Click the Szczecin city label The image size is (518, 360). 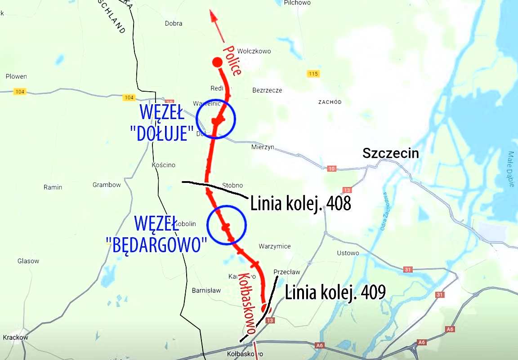(391, 153)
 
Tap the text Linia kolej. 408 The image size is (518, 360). (300, 204)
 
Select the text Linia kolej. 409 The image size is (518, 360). (335, 292)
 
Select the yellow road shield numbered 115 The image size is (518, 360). (313, 74)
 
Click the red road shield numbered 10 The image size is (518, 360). (332, 169)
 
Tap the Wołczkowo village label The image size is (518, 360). (254, 51)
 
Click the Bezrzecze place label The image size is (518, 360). (268, 90)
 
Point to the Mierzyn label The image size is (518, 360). (263, 147)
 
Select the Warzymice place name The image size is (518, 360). (275, 246)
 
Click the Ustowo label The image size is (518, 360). (348, 253)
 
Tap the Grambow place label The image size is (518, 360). (107, 185)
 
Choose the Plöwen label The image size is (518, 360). (16, 76)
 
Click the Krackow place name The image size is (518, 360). (15, 338)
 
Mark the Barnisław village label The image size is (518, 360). (206, 290)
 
